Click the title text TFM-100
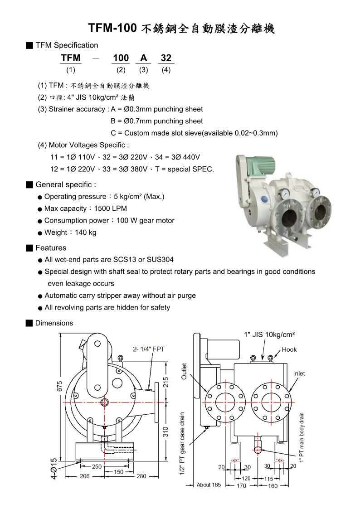(112, 28)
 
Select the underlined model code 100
(121, 58)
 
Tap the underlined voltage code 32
(166, 58)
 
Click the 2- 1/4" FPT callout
(148, 349)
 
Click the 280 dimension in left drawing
(141, 476)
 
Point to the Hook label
(289, 349)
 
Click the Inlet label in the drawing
(299, 373)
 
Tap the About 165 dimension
(209, 485)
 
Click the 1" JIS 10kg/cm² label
(269, 334)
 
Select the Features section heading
(51, 248)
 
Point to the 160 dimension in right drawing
(273, 486)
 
